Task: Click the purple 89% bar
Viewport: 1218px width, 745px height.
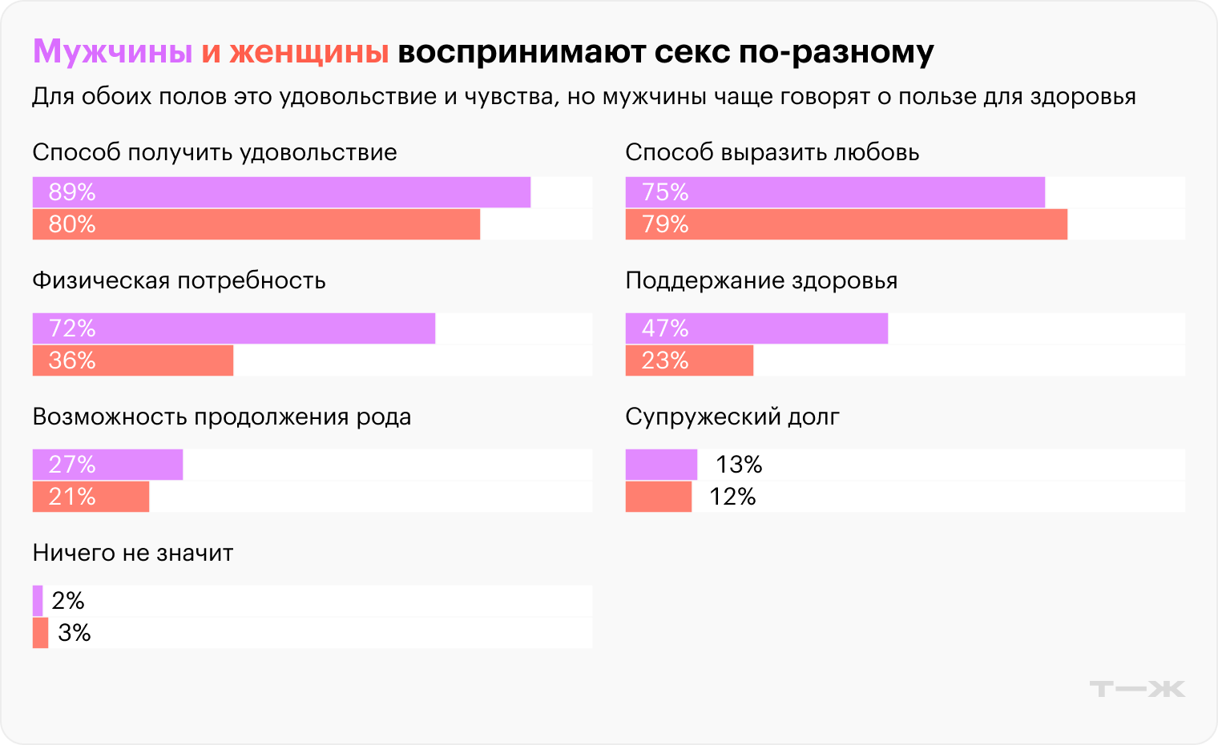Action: (x=281, y=192)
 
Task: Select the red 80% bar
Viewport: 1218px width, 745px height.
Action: (x=256, y=224)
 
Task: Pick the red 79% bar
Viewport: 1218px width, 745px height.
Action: (x=846, y=224)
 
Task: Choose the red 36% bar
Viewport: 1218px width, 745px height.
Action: (x=133, y=360)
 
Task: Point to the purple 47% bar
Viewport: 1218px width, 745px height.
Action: (x=756, y=328)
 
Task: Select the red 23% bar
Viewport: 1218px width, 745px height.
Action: (x=689, y=360)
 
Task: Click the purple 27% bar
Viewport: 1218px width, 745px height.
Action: (x=107, y=465)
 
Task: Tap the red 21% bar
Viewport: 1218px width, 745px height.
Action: (x=91, y=497)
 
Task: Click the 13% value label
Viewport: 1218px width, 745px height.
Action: (x=738, y=465)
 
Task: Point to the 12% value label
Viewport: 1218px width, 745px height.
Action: (x=732, y=497)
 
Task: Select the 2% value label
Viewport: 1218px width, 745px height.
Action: (x=68, y=601)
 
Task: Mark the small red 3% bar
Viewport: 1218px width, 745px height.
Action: (x=40, y=633)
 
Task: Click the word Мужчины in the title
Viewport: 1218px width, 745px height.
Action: (x=112, y=52)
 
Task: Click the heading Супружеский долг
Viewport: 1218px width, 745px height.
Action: (x=732, y=417)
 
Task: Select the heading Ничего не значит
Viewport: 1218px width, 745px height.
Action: (x=133, y=553)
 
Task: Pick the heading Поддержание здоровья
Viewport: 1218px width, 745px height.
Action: (x=761, y=280)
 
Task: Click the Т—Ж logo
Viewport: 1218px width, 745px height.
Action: (x=1137, y=689)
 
